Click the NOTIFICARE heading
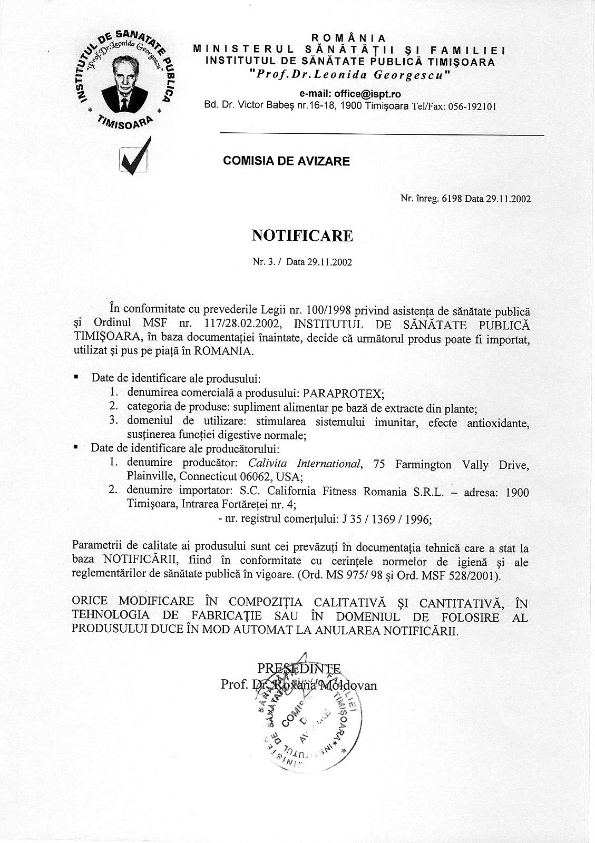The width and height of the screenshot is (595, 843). point(302,236)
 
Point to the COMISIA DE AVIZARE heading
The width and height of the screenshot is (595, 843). point(286,161)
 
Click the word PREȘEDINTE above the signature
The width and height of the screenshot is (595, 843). point(299,669)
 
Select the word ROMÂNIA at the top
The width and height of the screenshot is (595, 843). point(349,38)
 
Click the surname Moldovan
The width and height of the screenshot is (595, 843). point(354,685)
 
